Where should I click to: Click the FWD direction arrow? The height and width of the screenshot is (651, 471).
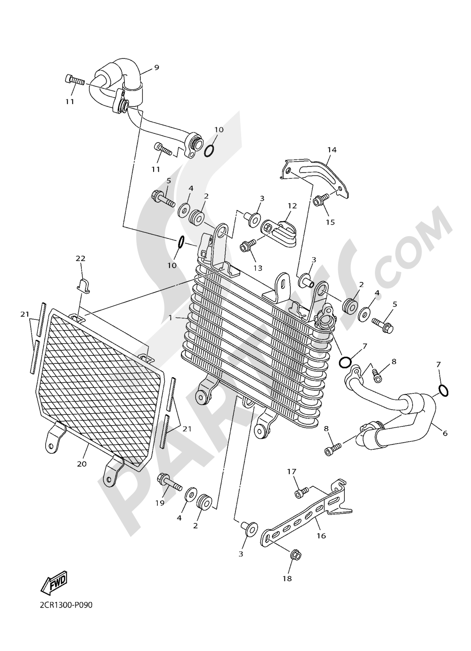coord(55,583)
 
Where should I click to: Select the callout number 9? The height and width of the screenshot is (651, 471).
coord(156,67)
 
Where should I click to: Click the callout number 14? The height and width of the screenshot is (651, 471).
coord(332,150)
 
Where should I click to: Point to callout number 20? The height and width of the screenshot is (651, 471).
coord(82,464)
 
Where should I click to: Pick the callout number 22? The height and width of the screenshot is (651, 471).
coord(81,258)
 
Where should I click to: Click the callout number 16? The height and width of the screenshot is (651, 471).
coord(321,536)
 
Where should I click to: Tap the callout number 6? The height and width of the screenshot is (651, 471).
coord(445,434)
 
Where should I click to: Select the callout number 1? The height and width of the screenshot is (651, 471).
coord(171,318)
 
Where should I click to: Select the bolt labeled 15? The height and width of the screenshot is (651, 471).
coord(322,202)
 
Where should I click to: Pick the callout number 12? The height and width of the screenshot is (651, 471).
coord(292,206)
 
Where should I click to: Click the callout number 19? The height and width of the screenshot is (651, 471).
coord(160,503)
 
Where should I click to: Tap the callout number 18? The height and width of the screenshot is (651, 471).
coord(287,578)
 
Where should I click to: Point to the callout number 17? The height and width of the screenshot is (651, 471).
coord(292,471)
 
